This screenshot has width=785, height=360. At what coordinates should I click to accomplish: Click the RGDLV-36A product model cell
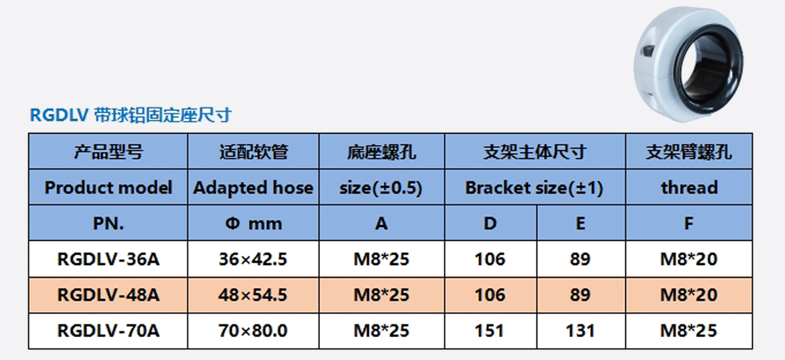109,259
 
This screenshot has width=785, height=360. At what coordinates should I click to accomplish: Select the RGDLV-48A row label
109,295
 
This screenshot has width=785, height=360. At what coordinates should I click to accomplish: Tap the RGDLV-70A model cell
109,331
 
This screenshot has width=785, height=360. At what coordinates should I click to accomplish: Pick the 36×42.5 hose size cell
253,259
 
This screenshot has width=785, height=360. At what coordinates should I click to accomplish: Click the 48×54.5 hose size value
253,295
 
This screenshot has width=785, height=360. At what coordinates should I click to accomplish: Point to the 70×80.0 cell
253,331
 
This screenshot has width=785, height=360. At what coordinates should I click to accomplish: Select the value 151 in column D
489,331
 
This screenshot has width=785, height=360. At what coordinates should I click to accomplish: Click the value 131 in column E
580,331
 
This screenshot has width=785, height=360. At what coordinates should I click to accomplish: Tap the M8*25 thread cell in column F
689,331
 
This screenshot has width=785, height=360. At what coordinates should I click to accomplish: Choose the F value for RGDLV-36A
689,259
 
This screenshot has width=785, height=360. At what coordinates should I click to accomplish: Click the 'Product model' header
109,188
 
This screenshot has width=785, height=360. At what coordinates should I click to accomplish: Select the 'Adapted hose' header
253,188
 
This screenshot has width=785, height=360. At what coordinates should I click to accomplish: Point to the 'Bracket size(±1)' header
534,188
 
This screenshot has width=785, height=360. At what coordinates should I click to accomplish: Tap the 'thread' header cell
689,188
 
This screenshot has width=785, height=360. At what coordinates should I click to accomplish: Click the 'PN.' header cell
109,223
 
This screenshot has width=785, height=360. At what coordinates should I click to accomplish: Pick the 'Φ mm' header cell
253,224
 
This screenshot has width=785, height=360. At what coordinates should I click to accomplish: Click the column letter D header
490,223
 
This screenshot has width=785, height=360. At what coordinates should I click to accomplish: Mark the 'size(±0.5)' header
381,188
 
